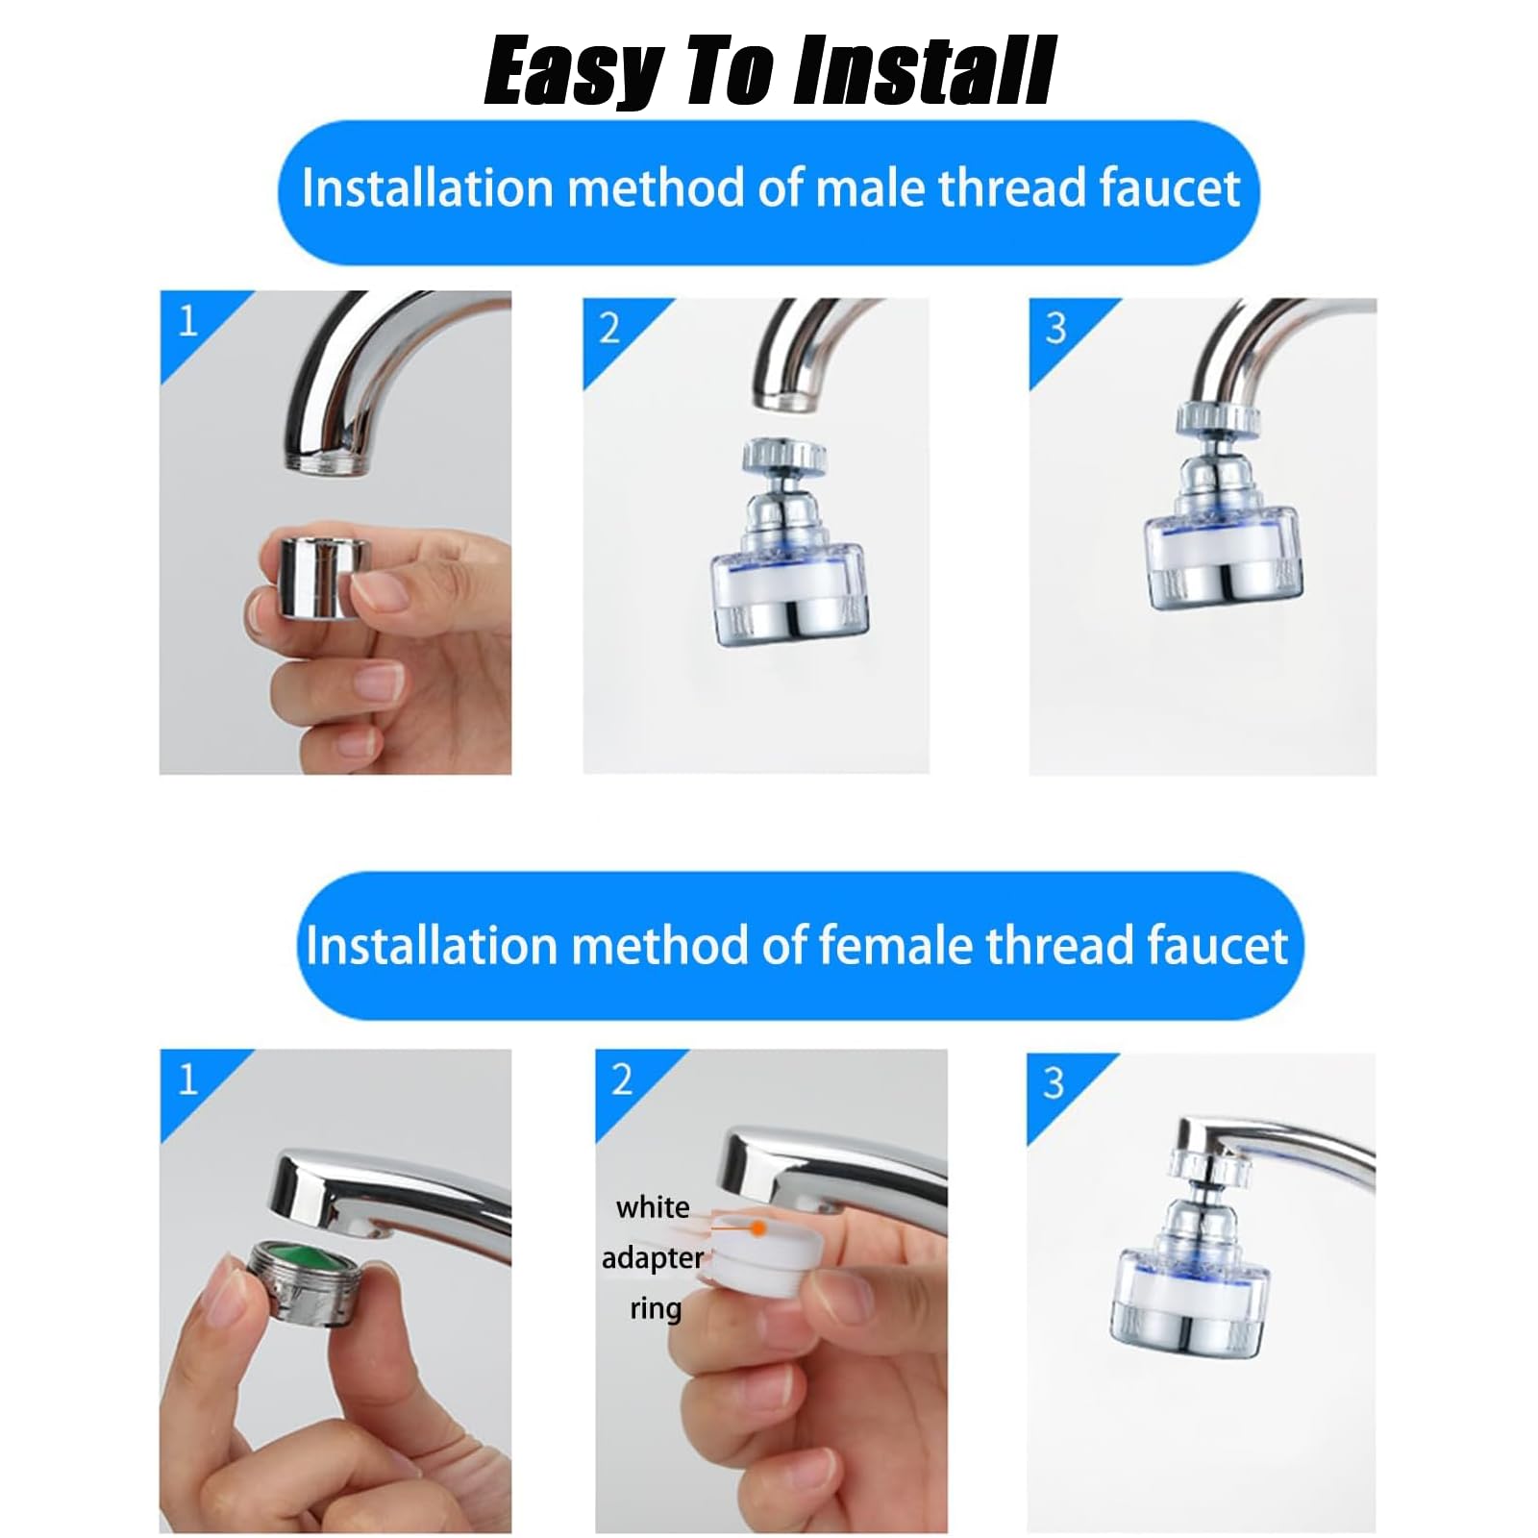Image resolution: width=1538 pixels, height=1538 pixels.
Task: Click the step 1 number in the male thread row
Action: coord(188,320)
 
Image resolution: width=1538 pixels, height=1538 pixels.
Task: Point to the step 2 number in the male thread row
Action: coord(609,329)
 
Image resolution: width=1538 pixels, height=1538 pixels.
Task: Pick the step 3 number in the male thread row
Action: coord(1055,329)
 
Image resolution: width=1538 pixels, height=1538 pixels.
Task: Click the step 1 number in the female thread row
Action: coord(188,1079)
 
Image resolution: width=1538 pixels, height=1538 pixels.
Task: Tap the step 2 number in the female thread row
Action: coord(622,1079)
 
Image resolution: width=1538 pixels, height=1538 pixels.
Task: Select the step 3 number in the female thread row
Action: coord(1054,1083)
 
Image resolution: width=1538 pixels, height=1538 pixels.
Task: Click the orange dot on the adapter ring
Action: coord(758,1228)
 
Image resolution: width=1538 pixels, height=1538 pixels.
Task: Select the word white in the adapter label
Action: coord(653,1206)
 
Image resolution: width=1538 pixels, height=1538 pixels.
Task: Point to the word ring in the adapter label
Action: coord(656,1308)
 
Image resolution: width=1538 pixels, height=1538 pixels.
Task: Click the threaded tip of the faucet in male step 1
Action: coord(327,462)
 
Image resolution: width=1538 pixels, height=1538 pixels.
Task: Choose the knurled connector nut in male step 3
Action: coord(1218,416)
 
